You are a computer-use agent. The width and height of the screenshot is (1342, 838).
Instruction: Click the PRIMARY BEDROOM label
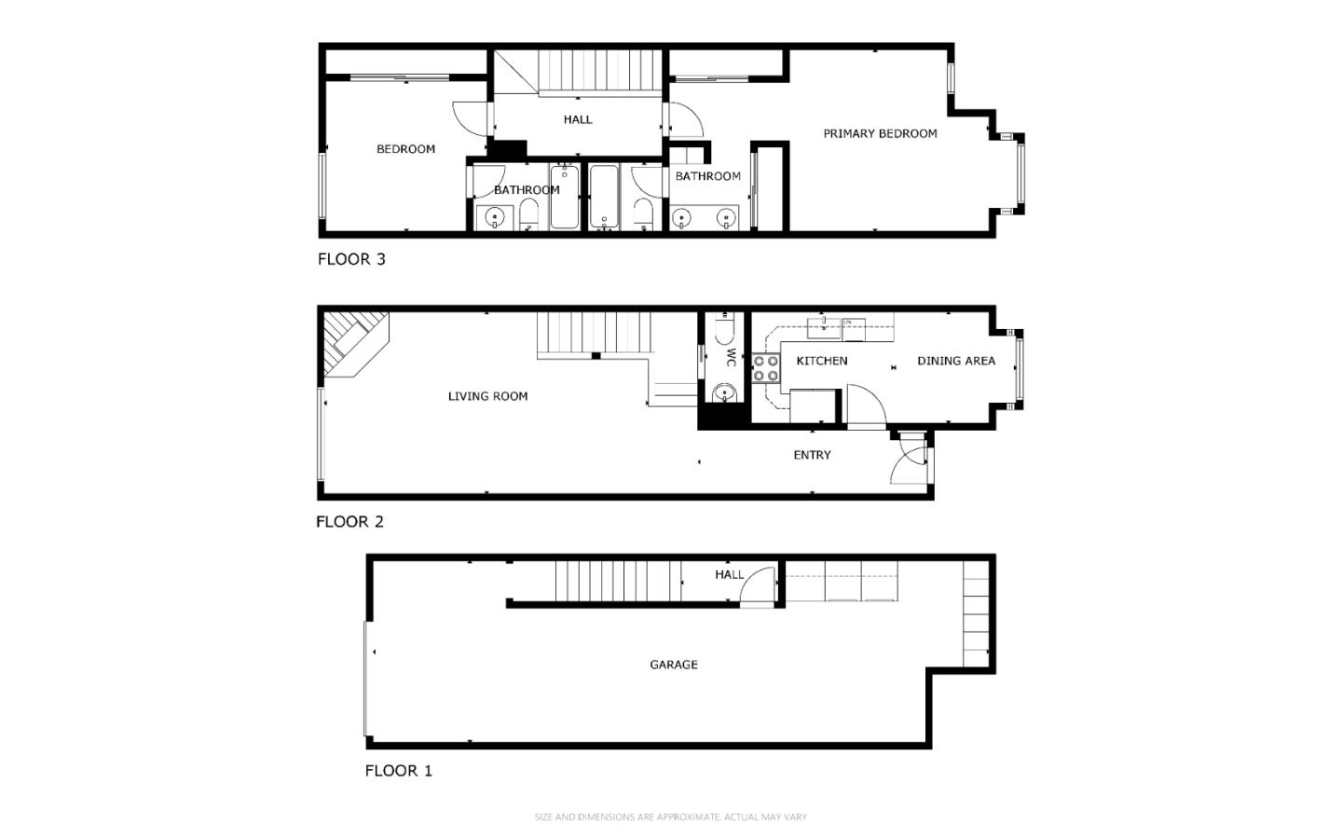[880, 133]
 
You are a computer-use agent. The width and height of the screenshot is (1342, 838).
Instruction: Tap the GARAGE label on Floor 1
[674, 665]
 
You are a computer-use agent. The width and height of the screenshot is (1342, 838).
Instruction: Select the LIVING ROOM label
[487, 396]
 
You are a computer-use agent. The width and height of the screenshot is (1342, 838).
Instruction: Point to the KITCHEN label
[822, 361]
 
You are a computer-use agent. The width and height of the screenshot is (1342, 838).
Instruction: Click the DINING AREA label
[956, 361]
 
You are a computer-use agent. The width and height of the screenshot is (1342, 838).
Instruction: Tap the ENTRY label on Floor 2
[812, 455]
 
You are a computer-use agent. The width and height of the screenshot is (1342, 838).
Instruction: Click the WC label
[731, 357]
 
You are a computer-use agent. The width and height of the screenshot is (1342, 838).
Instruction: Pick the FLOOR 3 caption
[351, 259]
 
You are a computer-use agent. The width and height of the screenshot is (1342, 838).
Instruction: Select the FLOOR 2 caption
[349, 521]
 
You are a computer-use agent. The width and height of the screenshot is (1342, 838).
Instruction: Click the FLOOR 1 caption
[399, 770]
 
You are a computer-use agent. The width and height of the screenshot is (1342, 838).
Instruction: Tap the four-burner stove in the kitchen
[766, 368]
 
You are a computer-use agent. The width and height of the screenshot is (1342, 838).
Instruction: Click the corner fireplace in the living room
[353, 343]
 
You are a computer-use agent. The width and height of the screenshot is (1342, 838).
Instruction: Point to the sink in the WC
[724, 393]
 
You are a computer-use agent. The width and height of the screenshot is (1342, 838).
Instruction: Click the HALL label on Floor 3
[578, 120]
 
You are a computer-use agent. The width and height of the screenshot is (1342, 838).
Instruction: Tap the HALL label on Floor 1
[729, 575]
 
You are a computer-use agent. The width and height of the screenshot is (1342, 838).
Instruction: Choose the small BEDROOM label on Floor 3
[405, 149]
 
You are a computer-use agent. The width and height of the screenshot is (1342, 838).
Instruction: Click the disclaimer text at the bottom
[670, 817]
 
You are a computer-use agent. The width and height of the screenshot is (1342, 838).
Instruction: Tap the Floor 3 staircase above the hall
[599, 71]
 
